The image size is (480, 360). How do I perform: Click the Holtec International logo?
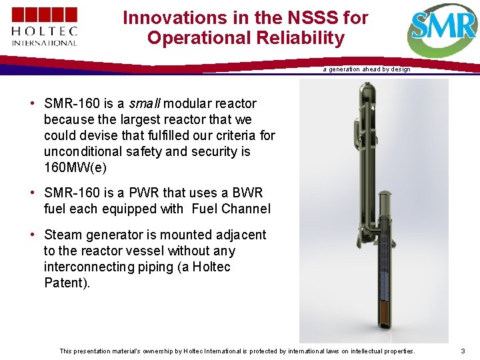pos(45,27)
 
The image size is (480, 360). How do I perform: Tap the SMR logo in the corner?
pos(443,29)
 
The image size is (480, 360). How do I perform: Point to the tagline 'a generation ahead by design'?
pos(367,69)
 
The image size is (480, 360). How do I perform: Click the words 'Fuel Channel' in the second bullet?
pos(231,209)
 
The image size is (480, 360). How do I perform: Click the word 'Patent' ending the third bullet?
pos(64,283)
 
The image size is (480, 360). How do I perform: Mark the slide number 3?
pos(463,351)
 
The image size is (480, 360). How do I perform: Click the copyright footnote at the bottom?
pos(237,351)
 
